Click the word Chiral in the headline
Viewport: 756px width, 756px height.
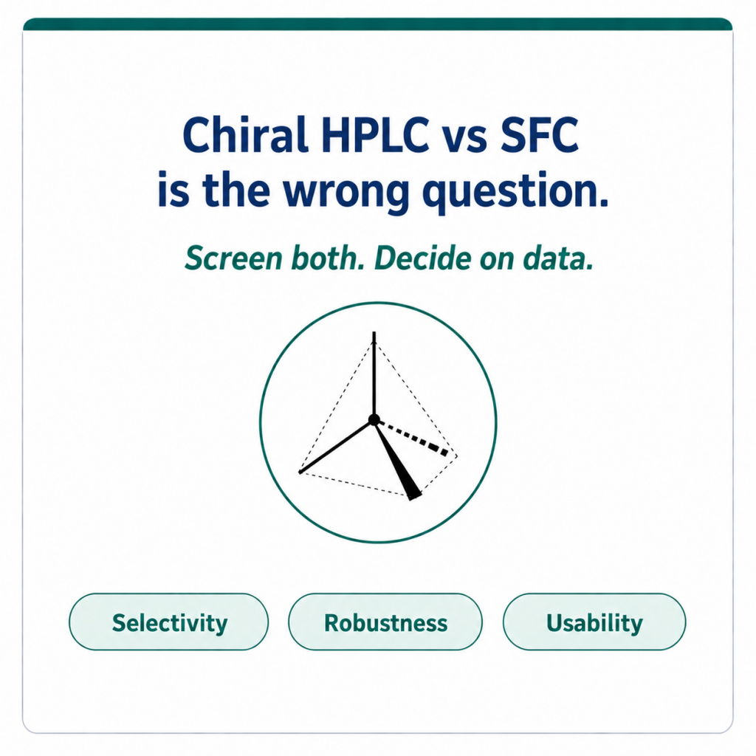pos(245,134)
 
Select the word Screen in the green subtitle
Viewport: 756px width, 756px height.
pos(233,258)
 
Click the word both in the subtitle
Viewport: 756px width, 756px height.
pos(326,258)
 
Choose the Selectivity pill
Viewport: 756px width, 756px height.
pos(169,622)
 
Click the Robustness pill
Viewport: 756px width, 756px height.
pos(385,622)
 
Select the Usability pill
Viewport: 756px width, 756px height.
pos(594,622)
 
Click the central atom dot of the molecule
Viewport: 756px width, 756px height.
pos(374,420)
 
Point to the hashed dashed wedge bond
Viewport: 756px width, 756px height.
pos(413,438)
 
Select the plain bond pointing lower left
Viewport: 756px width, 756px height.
pos(336,447)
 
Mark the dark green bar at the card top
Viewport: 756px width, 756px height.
pos(378,24)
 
